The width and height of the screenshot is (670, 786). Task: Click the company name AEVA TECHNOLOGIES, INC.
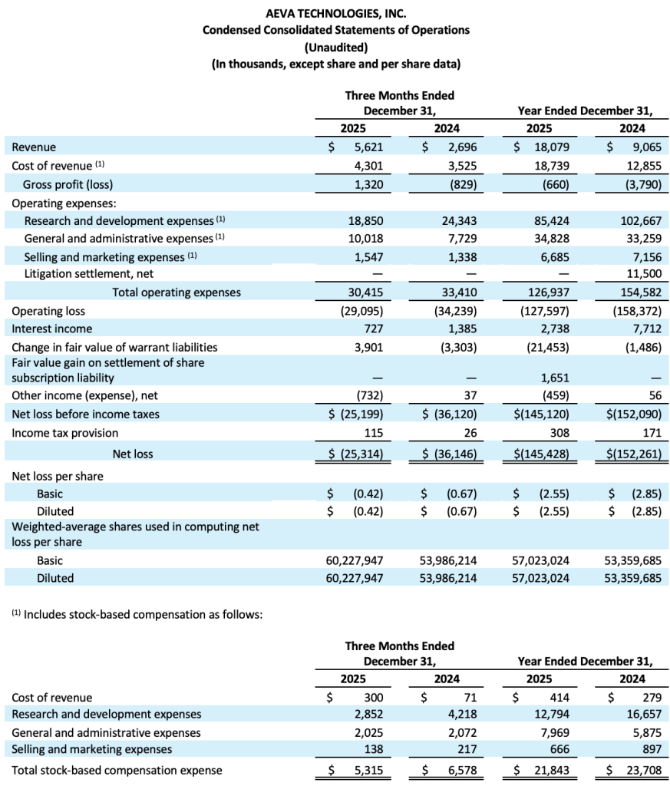pyautogui.click(x=335, y=13)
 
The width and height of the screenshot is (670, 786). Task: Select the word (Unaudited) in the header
pyautogui.click(x=335, y=47)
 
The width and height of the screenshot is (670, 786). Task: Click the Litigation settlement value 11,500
pyautogui.click(x=643, y=274)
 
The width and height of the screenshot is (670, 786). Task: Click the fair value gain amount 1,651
pyautogui.click(x=554, y=378)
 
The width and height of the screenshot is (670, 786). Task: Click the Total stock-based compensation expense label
pyautogui.click(x=117, y=770)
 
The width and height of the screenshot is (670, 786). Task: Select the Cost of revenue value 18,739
pyautogui.click(x=552, y=165)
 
